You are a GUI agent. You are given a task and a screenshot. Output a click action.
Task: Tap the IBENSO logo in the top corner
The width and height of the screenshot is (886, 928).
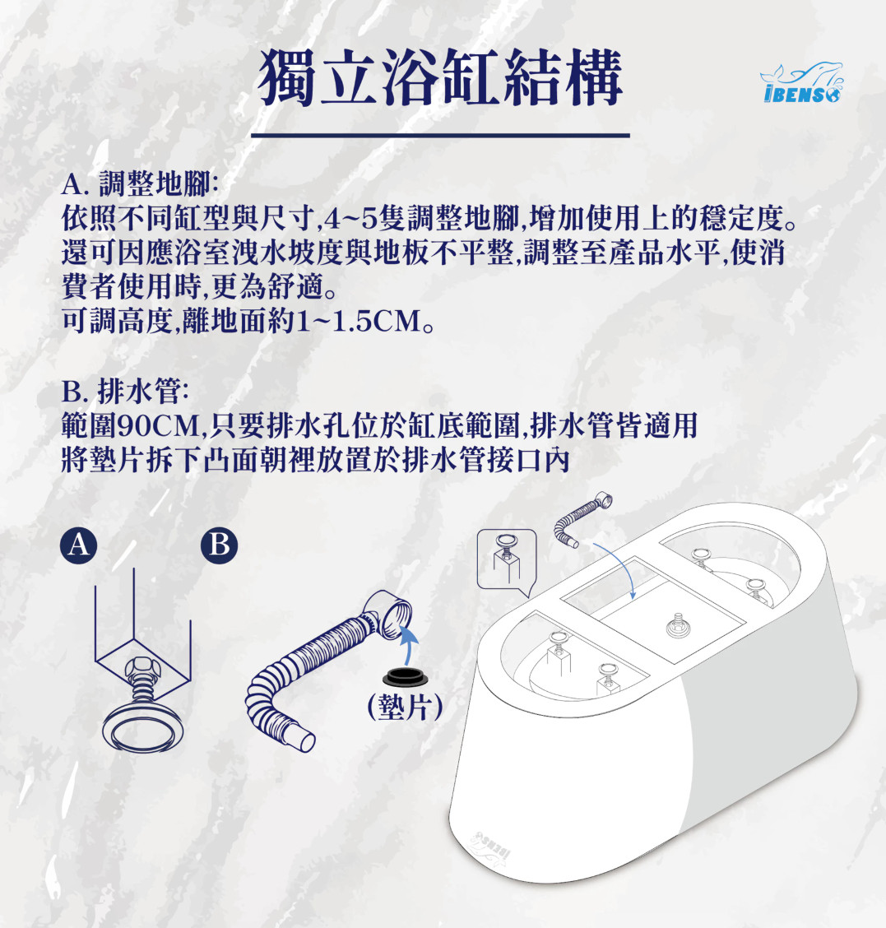(801, 83)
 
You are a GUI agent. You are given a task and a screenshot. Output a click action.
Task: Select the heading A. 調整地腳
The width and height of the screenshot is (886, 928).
(141, 184)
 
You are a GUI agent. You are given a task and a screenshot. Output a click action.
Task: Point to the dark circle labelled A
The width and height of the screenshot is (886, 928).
(79, 545)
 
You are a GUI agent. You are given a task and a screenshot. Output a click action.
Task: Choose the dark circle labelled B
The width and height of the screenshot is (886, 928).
(219, 545)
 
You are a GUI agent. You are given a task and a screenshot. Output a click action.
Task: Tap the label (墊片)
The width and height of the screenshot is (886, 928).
(405, 707)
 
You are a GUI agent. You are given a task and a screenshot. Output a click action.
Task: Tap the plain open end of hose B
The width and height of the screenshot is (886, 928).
(305, 740)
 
